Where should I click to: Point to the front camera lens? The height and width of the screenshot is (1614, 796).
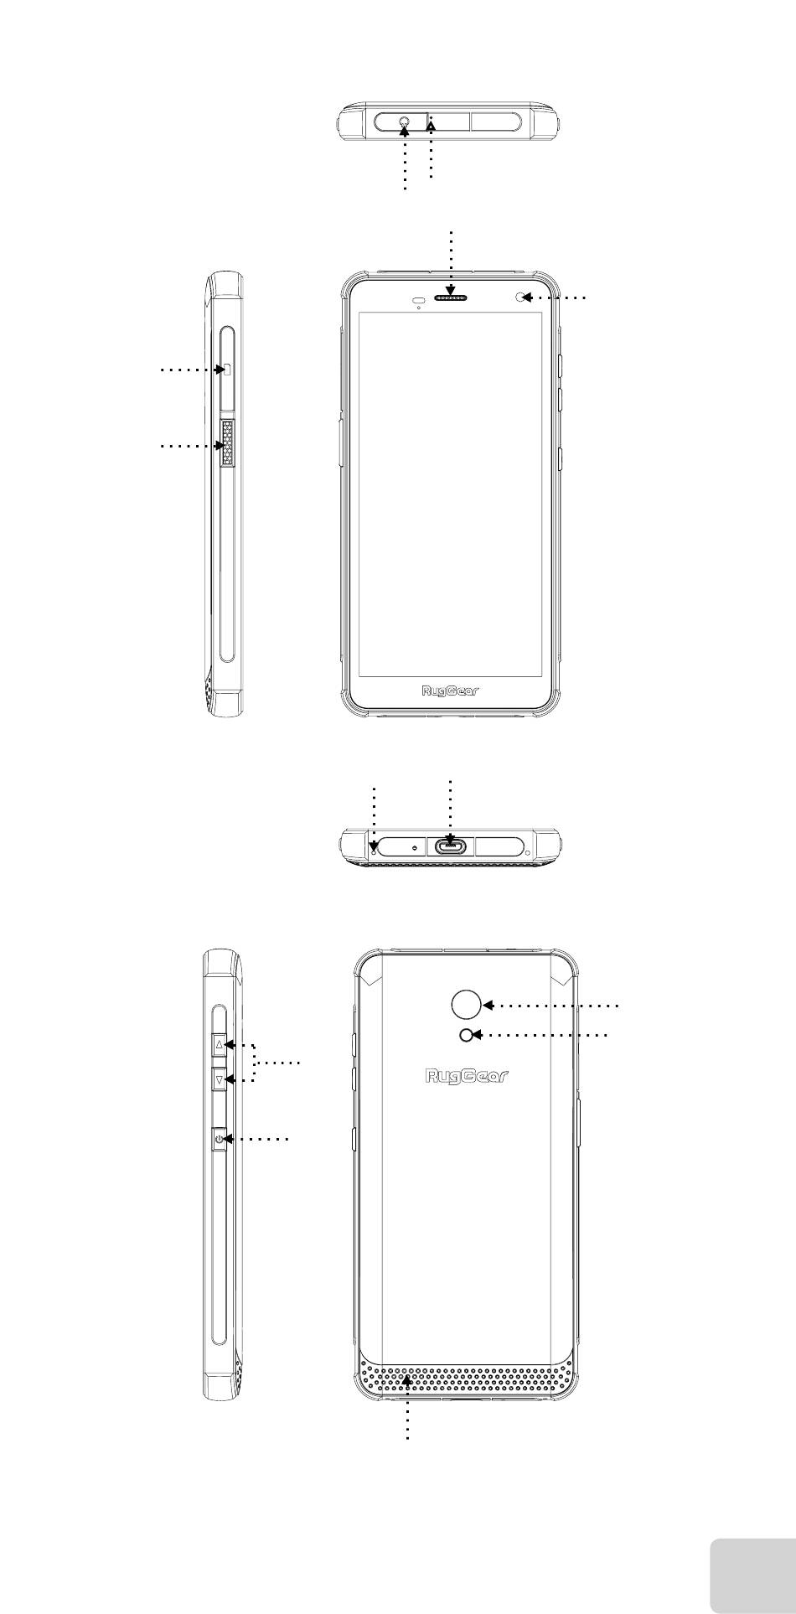(524, 297)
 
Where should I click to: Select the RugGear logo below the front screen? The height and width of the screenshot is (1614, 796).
(452, 692)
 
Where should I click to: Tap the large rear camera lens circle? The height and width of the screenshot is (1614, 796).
(466, 1004)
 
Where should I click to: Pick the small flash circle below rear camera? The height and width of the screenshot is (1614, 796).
(466, 1035)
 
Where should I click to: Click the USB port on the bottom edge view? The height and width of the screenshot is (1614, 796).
(452, 846)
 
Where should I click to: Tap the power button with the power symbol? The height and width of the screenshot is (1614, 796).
(219, 1140)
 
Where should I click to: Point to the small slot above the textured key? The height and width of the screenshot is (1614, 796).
(226, 370)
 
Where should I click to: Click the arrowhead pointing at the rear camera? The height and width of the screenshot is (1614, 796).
(488, 1004)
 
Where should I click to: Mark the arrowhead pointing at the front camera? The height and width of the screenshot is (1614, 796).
(530, 297)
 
